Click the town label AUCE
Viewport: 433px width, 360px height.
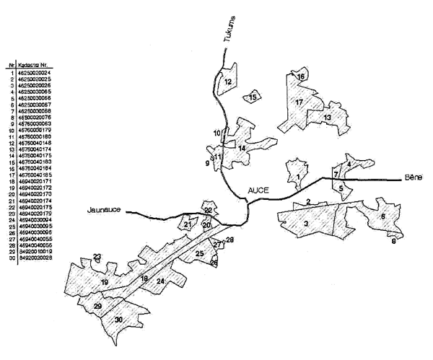258,190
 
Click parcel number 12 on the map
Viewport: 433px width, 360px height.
228,82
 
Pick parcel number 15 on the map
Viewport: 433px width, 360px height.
253,97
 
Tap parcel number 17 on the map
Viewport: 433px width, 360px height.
298,102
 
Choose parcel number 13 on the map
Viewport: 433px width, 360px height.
327,117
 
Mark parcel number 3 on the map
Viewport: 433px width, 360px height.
306,224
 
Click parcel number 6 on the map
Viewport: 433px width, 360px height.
382,216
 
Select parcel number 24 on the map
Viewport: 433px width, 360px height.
161,281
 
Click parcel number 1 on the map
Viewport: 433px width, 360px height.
297,176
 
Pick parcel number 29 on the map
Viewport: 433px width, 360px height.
98,307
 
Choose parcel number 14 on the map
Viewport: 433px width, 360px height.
242,149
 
